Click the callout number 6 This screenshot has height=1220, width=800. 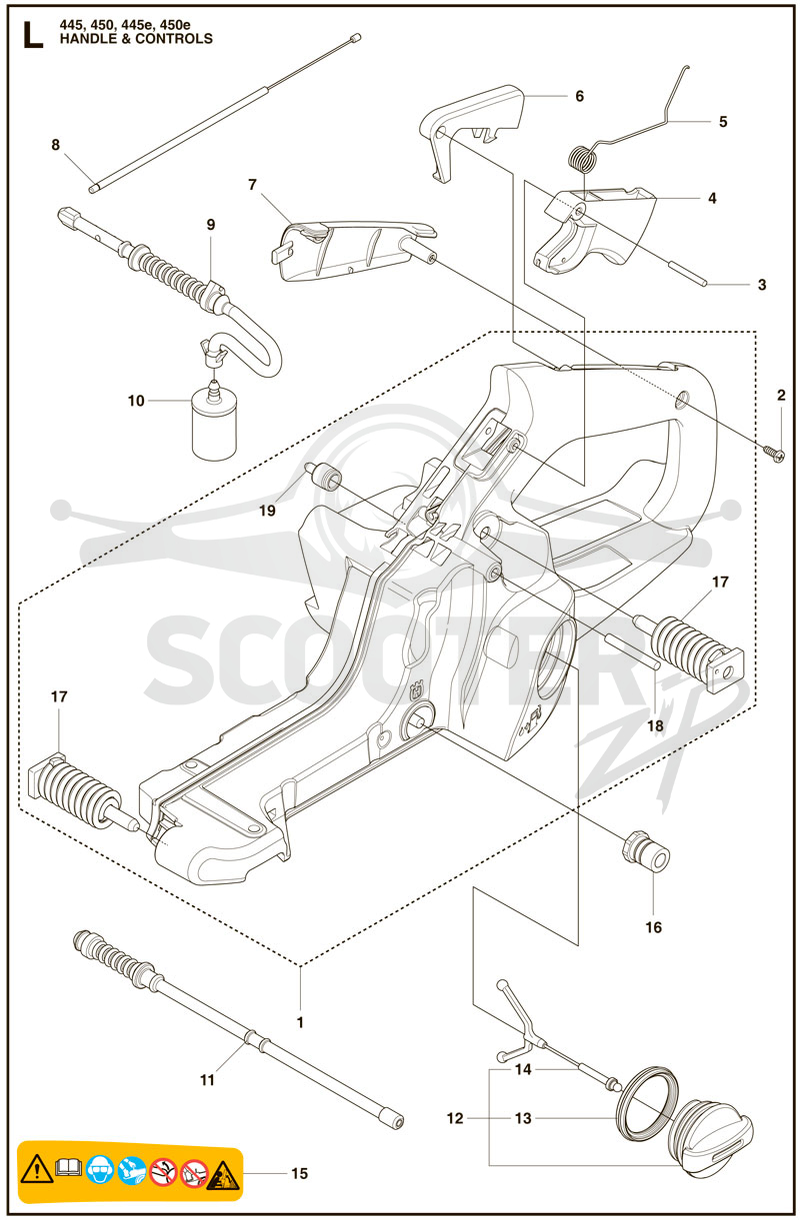(x=579, y=96)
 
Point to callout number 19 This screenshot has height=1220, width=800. (x=267, y=511)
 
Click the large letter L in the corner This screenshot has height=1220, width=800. (x=33, y=36)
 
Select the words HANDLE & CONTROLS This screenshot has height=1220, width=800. (x=136, y=39)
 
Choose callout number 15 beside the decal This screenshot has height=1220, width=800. (x=299, y=1173)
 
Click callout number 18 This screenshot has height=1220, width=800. (x=655, y=725)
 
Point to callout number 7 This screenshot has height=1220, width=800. (x=252, y=185)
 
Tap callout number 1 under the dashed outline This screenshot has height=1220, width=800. (x=300, y=1022)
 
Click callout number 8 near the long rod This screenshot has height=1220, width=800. (x=55, y=145)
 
